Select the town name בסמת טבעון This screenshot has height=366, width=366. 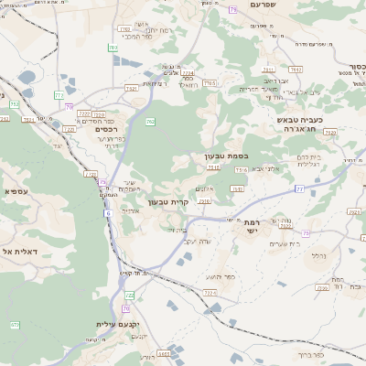[222, 156]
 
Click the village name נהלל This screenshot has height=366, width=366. [318, 256]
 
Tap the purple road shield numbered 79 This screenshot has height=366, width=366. [233, 9]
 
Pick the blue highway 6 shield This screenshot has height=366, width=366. [107, 213]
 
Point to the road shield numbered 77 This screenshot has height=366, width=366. [299, 188]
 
